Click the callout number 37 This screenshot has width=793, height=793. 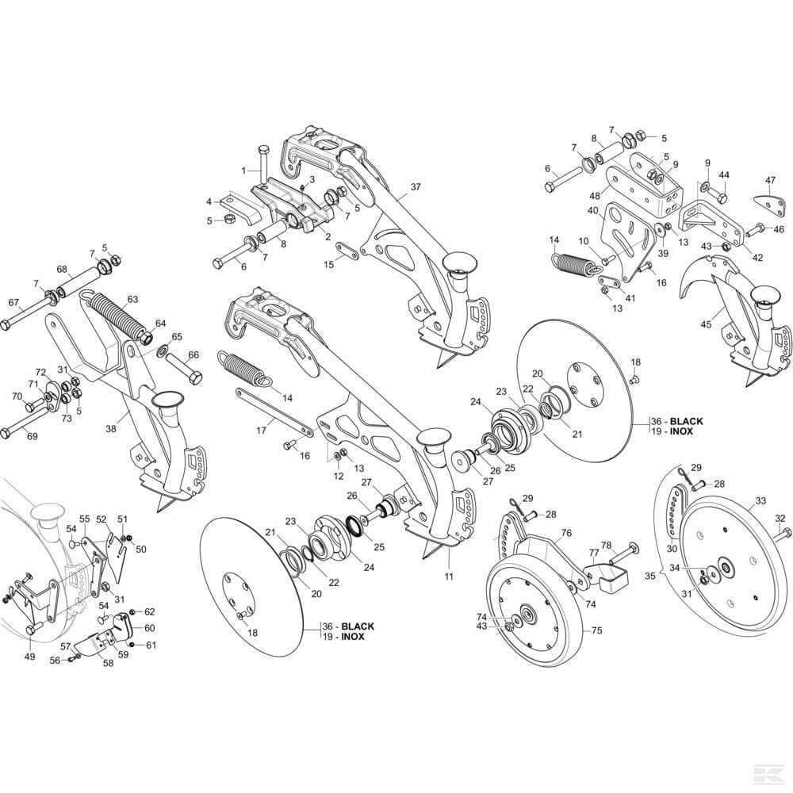coord(416,188)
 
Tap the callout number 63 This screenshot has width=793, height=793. coord(132,299)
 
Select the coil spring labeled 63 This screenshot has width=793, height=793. coord(117,313)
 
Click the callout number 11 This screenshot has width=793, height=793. coord(449,577)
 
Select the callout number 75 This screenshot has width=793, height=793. coord(597,632)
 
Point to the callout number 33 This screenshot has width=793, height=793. coord(760,500)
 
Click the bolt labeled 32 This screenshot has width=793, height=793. coord(777,534)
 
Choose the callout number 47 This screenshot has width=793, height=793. coord(770,180)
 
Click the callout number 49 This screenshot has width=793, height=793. coord(30,656)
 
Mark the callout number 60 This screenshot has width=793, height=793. coord(149,627)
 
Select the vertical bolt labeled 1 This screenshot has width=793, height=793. coord(265,163)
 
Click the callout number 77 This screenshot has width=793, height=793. coord(594,552)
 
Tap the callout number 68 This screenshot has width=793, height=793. coord(62,268)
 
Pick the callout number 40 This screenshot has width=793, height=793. coord(592,211)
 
